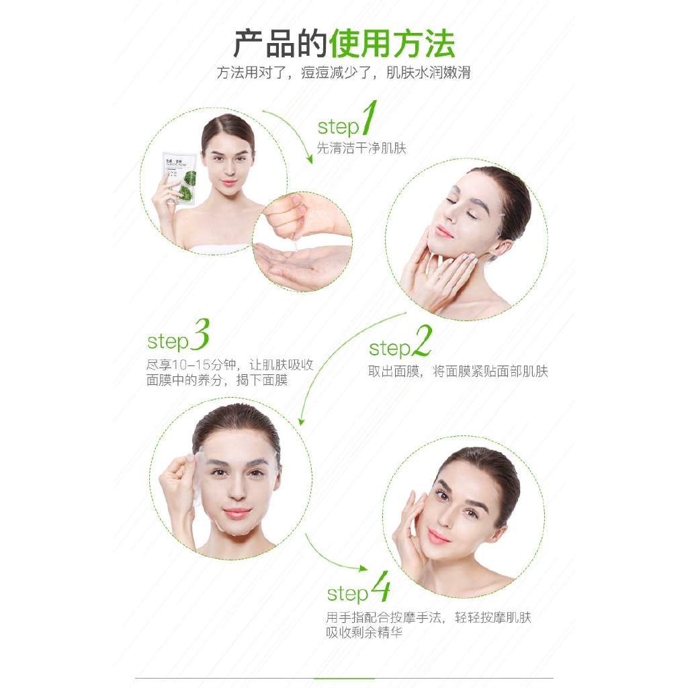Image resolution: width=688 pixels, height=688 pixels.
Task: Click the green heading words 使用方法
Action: [x=392, y=44]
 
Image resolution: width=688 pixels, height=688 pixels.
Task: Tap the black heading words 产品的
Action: [x=280, y=44]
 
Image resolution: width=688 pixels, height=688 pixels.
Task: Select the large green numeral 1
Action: [x=369, y=117]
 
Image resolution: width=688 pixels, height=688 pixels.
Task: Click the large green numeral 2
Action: [x=423, y=341]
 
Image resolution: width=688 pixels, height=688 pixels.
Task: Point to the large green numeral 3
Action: [x=200, y=335]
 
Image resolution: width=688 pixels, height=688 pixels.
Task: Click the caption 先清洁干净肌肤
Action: [x=361, y=148]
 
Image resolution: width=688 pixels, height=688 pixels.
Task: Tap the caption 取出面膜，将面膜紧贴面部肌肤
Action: [x=458, y=371]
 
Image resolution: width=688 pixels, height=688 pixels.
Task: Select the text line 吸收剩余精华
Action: [x=363, y=632]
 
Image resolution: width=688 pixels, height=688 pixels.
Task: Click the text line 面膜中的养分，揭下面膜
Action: [x=217, y=380]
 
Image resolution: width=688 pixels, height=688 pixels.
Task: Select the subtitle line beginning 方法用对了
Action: [x=343, y=73]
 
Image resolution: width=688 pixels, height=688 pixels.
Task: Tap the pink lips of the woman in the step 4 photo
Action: [x=439, y=536]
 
